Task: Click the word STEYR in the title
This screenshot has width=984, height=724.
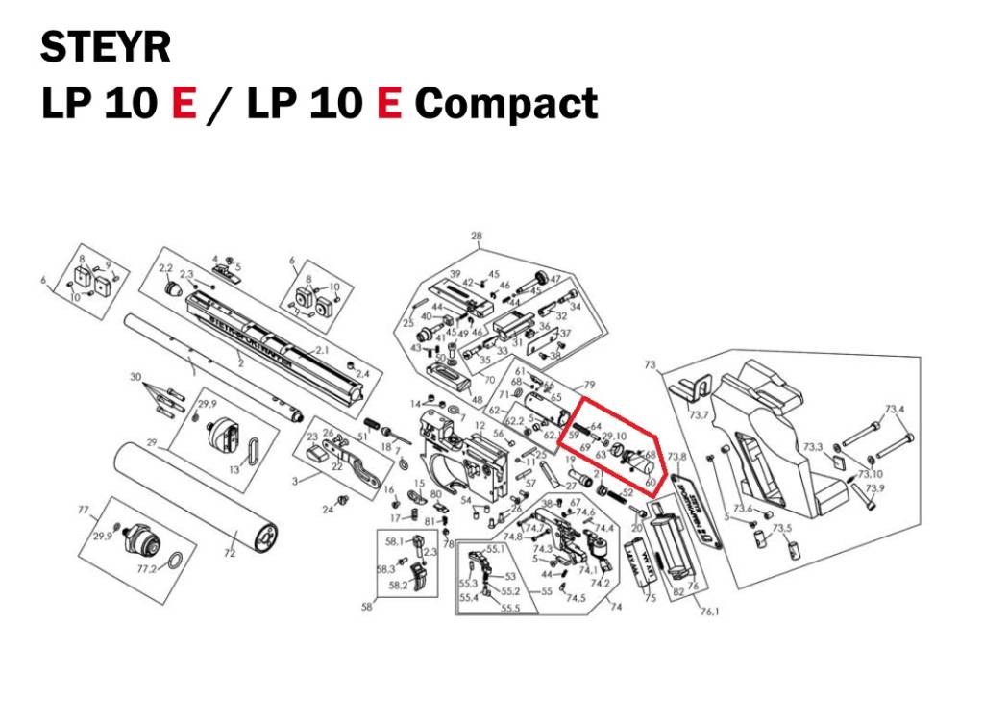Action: coord(106,48)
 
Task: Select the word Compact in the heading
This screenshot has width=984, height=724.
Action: coord(505,104)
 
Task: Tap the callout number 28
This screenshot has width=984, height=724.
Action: coord(476,237)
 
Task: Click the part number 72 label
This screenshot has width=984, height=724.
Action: coord(230,554)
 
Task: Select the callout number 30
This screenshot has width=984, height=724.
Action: coord(135,376)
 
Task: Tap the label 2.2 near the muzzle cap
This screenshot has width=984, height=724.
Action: coord(164,267)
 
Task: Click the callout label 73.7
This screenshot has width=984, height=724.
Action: coord(699,416)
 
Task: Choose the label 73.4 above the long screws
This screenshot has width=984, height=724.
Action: coord(894,410)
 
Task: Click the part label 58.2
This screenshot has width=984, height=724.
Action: coord(396,584)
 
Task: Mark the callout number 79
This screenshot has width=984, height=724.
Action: coord(589,385)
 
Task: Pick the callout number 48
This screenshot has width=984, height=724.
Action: coord(477,399)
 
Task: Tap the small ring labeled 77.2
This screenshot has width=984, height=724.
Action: coord(176,561)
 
